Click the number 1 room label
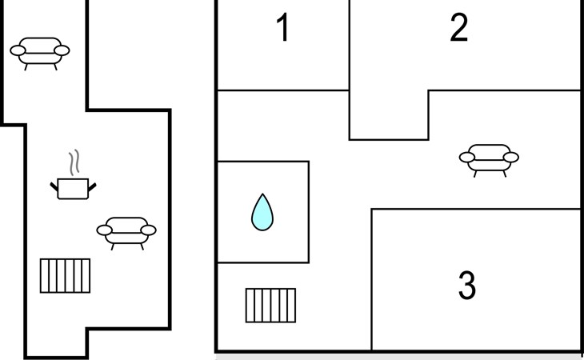tap(282, 28)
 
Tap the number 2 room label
tap(458, 28)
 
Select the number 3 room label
tap(467, 286)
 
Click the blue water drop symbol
tap(262, 214)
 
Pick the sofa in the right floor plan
tap(489, 158)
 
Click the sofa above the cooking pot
tap(39, 52)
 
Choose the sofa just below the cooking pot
tap(126, 232)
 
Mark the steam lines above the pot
tap(74, 162)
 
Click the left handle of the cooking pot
tap(54, 187)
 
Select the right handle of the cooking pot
tap(92, 187)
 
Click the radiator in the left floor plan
tap(66, 275)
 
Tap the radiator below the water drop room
tap(270, 305)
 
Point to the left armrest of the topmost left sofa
tap(18, 51)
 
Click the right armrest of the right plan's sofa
tap(510, 158)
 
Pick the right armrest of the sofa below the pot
tap(148, 230)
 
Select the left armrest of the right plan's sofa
tap(468, 158)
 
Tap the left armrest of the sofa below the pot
tap(105, 230)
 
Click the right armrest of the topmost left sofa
tap(61, 51)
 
